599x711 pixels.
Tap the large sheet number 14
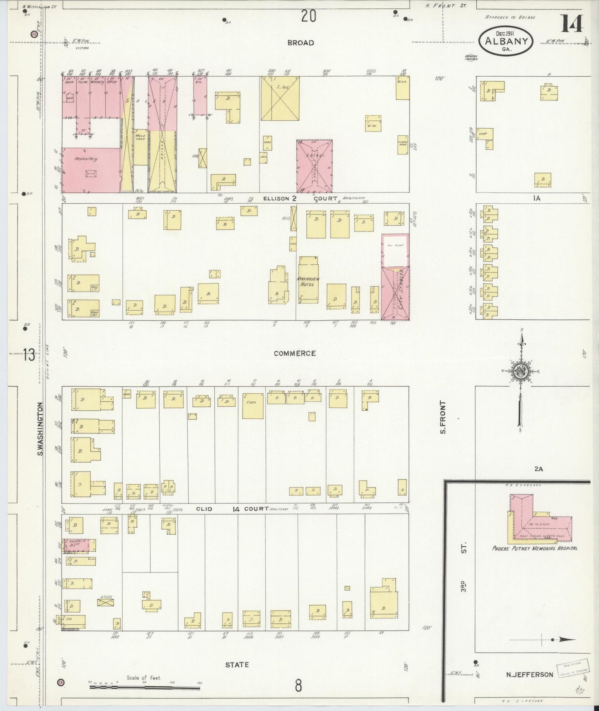point(572,24)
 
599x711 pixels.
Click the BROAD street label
point(300,43)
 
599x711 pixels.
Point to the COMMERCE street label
point(295,353)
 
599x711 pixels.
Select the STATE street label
point(237,665)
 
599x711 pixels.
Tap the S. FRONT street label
point(443,417)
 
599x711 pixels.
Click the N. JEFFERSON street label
point(529,674)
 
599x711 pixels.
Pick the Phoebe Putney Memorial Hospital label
point(535,548)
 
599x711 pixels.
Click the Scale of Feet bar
point(145,687)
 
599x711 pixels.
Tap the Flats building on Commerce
point(252,406)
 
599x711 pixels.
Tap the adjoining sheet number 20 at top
point(308,17)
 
